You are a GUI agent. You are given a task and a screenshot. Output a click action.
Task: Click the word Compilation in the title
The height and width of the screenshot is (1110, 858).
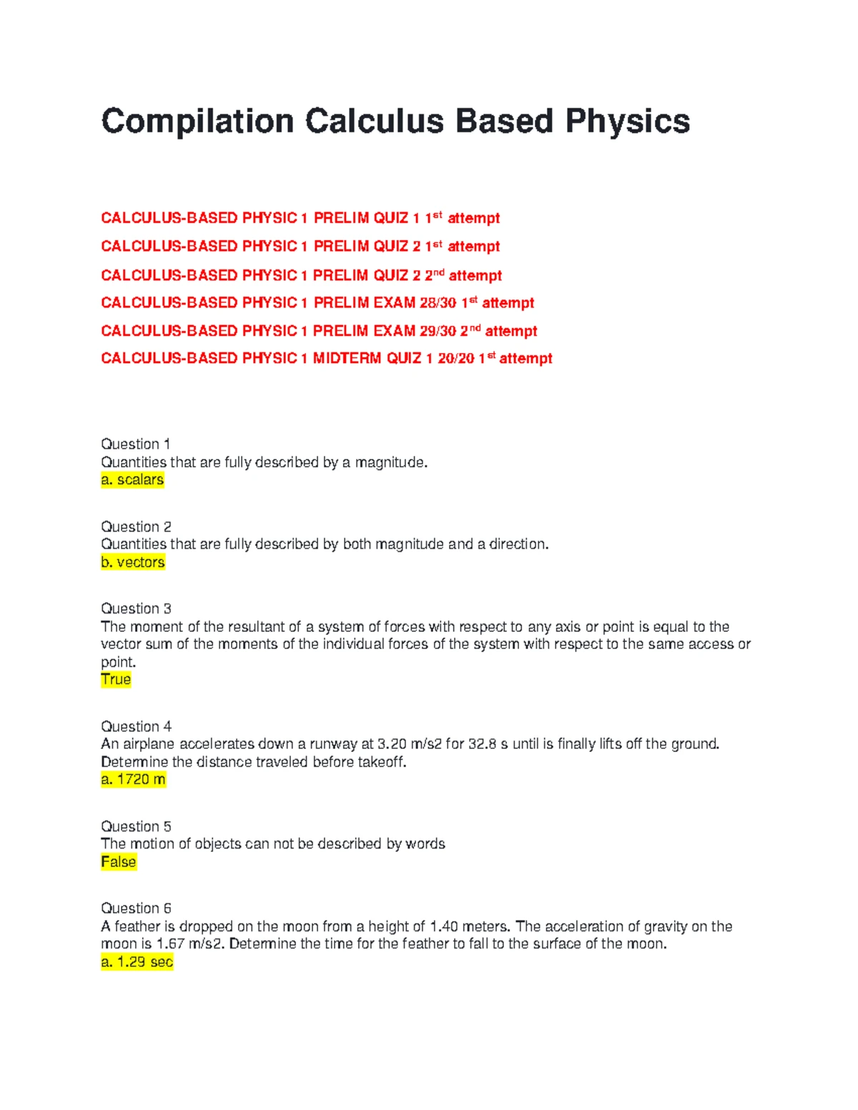tap(197, 122)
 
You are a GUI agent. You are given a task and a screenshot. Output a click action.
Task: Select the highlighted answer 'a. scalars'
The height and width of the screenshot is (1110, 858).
tap(132, 480)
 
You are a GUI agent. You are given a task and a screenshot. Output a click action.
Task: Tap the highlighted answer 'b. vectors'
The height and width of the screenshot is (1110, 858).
tap(133, 563)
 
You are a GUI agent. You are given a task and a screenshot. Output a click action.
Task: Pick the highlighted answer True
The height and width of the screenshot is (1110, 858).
tap(116, 680)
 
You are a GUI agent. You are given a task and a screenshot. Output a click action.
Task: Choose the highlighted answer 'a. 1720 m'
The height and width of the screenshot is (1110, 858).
tap(133, 780)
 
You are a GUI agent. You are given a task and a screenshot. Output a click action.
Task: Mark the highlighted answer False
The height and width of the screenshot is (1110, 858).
tap(118, 862)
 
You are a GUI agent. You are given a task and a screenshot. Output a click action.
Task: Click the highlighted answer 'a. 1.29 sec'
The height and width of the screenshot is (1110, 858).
tap(137, 962)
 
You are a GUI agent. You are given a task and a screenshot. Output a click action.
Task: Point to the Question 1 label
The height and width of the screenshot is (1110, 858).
tap(136, 444)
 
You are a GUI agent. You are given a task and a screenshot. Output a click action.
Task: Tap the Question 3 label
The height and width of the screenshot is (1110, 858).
tap(136, 609)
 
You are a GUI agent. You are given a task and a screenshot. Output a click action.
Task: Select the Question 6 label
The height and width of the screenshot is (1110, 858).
tap(136, 908)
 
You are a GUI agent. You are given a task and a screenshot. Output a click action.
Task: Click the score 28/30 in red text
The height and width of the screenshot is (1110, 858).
tap(438, 303)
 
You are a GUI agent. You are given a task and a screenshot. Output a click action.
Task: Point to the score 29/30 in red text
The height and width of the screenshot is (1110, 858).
tap(438, 331)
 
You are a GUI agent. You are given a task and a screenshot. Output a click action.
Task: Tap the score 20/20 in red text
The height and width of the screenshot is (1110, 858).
tap(456, 358)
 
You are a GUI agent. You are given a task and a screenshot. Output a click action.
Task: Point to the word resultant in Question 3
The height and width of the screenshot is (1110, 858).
tap(257, 627)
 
